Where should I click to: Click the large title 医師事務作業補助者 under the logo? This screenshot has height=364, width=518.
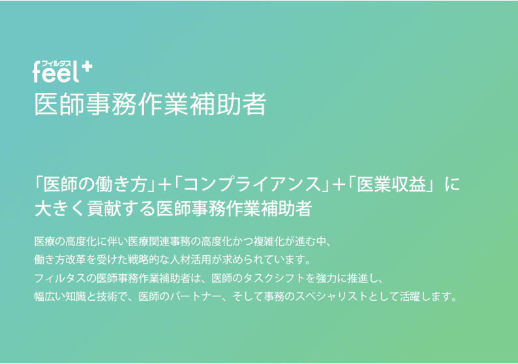click(x=150, y=105)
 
